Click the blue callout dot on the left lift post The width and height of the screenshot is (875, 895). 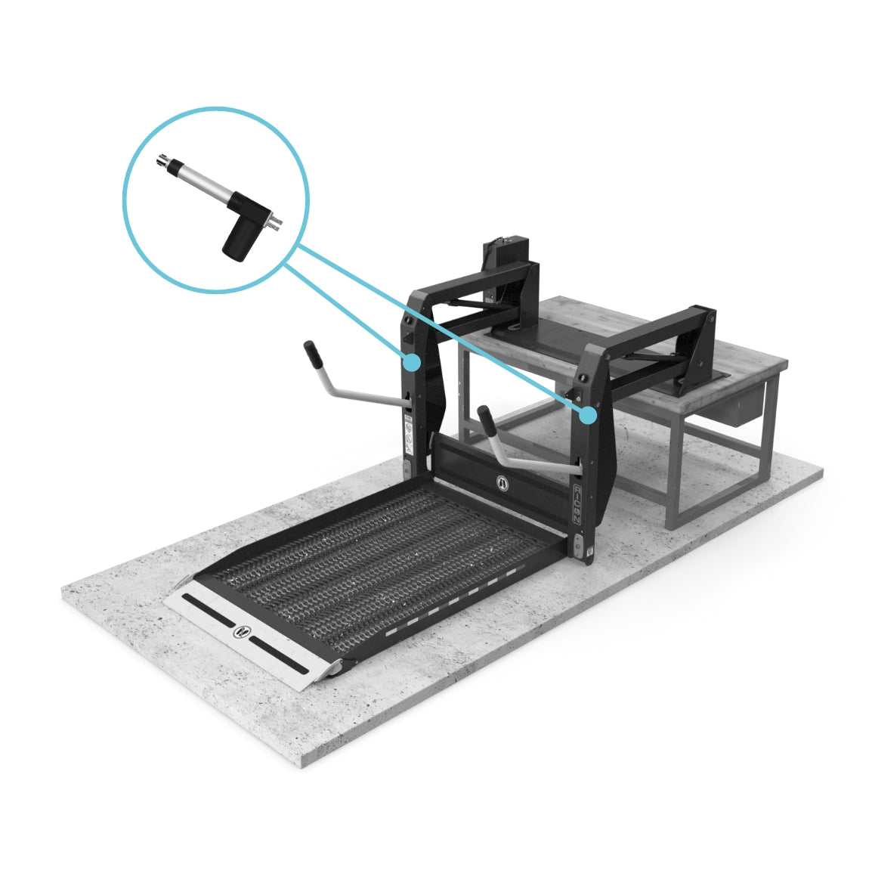tap(411, 362)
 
